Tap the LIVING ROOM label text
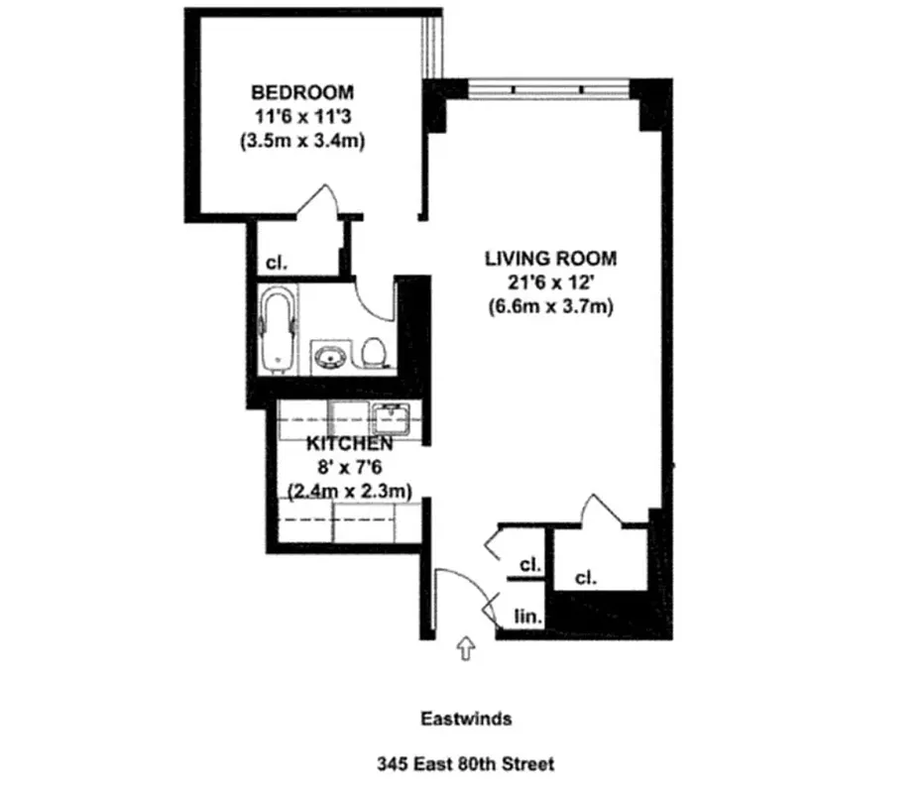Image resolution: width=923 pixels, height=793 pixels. click(x=550, y=259)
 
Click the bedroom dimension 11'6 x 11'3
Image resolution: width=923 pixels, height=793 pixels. click(x=297, y=117)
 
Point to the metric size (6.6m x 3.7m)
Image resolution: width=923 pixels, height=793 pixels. click(x=550, y=306)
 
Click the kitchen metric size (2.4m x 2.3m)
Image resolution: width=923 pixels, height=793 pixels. click(x=349, y=490)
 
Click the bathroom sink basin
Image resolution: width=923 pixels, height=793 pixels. click(x=329, y=355)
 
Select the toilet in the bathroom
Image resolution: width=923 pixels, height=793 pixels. click(x=374, y=353)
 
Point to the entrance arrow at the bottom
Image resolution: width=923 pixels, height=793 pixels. click(x=465, y=648)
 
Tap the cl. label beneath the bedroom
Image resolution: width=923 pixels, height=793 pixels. click(x=276, y=264)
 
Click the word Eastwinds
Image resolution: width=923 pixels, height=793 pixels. click(x=464, y=719)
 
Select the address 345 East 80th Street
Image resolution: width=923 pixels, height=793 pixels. click(x=464, y=764)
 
